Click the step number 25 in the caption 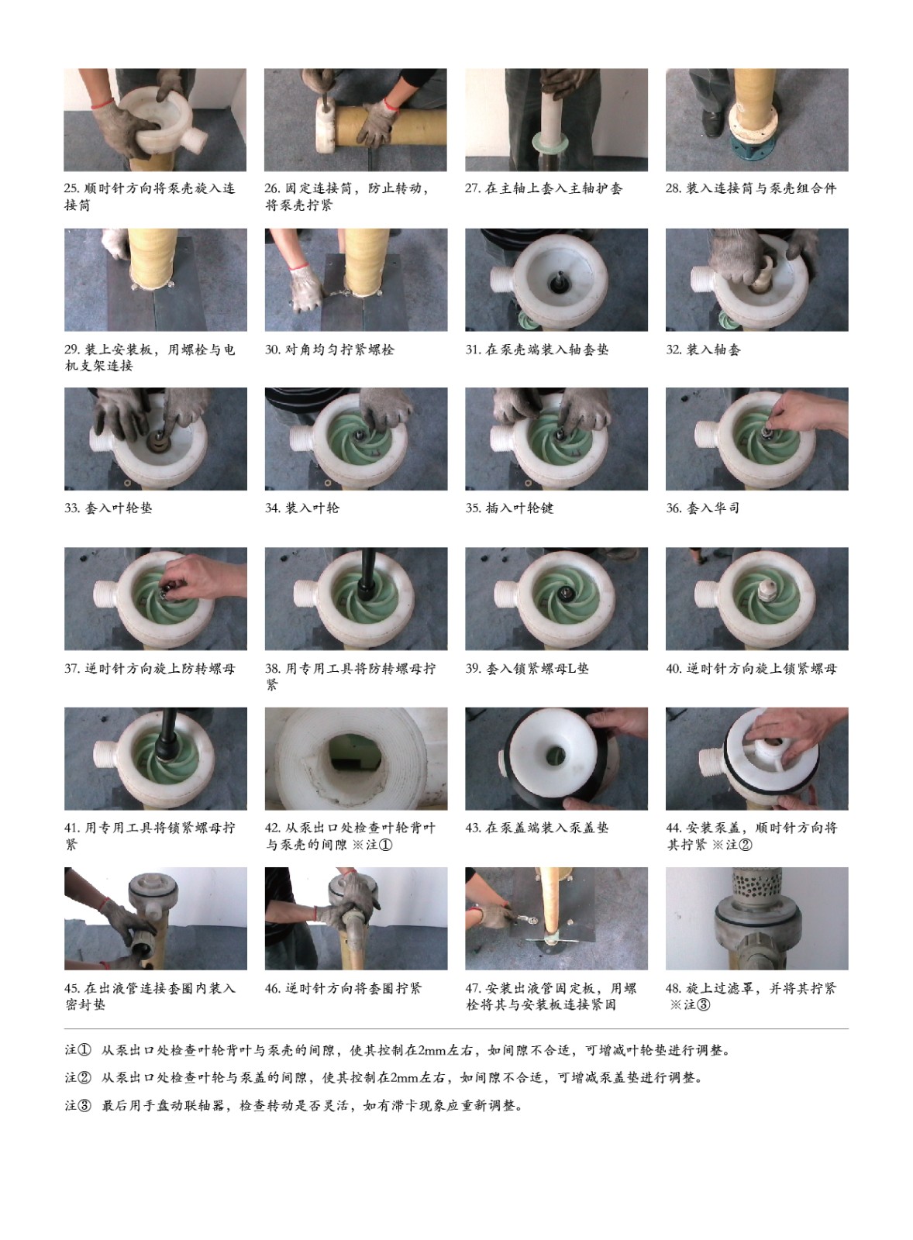click(71, 189)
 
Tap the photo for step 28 click(756, 119)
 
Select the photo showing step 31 click(556, 280)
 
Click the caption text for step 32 click(703, 350)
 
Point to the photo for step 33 click(156, 439)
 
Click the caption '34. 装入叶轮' click(301, 508)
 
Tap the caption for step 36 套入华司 click(703, 508)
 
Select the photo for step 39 click(556, 598)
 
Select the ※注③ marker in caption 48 click(690, 1004)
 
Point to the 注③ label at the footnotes click(78, 1105)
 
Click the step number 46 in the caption click(271, 988)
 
